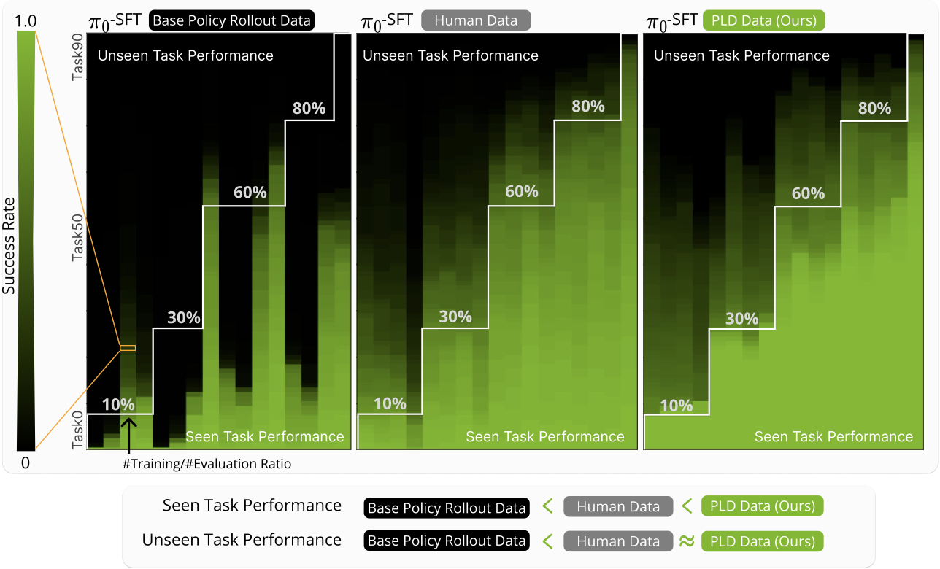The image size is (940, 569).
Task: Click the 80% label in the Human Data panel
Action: click(588, 107)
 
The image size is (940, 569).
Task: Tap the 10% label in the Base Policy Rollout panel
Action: click(118, 404)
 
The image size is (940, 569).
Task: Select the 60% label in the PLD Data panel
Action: click(808, 193)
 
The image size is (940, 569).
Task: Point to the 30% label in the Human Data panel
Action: click(455, 317)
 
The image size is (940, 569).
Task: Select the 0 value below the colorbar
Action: click(26, 462)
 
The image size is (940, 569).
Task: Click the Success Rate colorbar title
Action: click(9, 237)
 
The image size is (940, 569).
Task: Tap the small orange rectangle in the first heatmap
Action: click(128, 348)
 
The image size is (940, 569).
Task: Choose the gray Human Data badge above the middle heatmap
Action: click(475, 20)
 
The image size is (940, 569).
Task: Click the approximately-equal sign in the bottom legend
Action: click(687, 541)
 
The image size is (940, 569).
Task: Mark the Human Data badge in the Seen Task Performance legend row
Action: click(618, 507)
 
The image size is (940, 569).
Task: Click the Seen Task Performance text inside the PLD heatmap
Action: click(833, 437)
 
